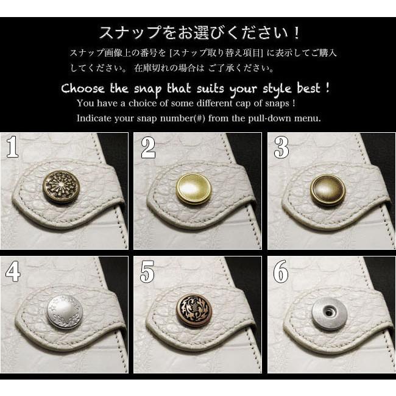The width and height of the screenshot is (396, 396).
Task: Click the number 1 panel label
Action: point(13,147)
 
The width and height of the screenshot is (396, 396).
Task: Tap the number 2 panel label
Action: point(147,147)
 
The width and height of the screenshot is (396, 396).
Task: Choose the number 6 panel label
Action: point(280,272)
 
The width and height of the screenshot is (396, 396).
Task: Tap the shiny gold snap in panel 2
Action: point(193,189)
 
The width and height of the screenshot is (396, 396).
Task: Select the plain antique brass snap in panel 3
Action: point(327,190)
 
